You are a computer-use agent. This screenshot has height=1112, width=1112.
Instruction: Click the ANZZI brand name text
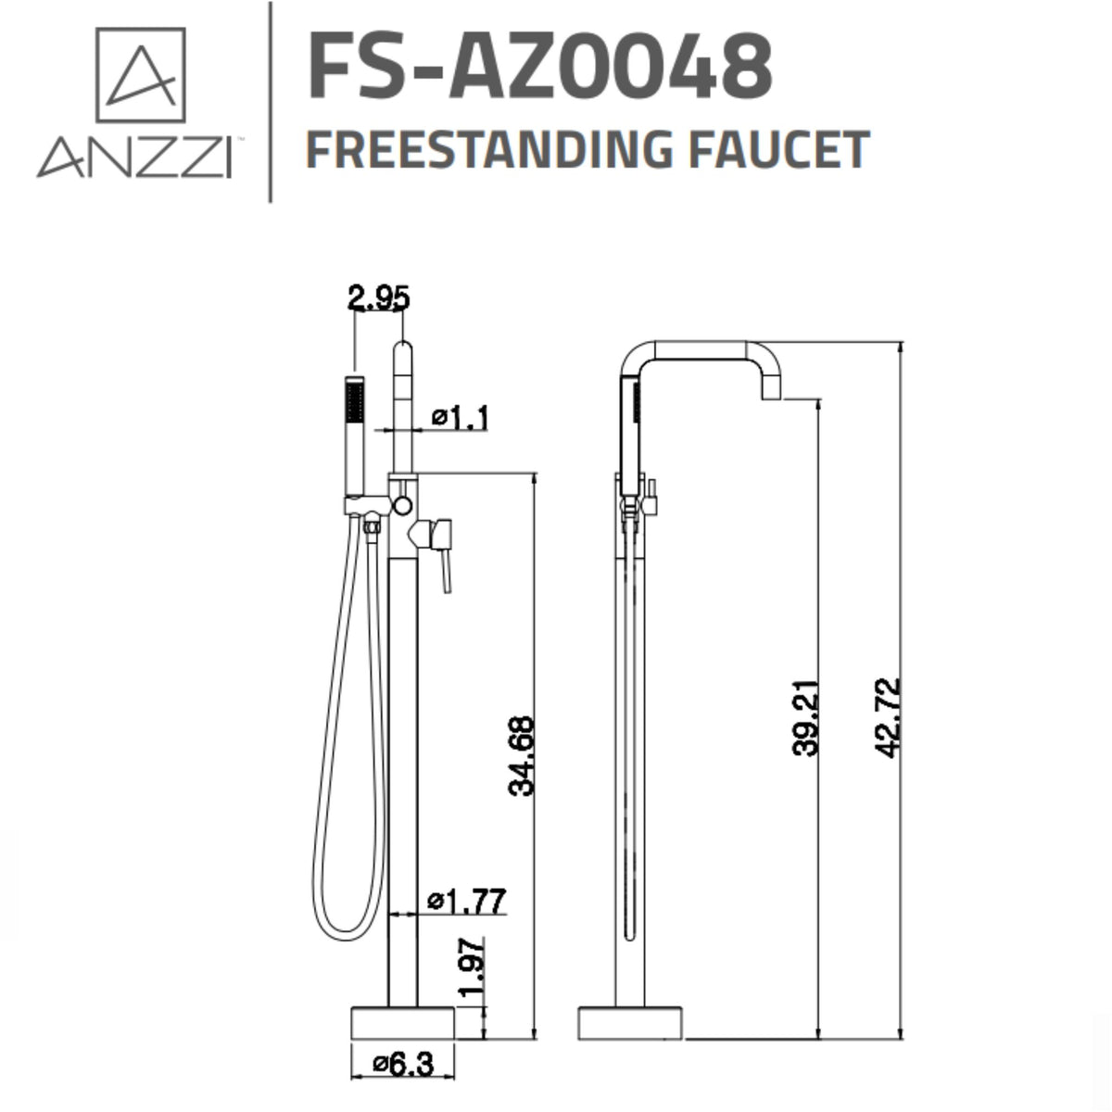click(x=134, y=158)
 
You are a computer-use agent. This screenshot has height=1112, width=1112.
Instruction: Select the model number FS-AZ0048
click(x=539, y=65)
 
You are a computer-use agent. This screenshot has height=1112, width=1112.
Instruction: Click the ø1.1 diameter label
click(x=461, y=420)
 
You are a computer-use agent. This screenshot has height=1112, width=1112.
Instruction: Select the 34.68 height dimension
click(x=522, y=755)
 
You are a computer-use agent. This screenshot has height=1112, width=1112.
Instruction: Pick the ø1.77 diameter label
click(x=467, y=901)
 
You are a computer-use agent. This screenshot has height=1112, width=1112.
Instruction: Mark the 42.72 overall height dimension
click(x=889, y=718)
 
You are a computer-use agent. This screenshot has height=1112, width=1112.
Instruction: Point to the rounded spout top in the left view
click(x=403, y=352)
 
